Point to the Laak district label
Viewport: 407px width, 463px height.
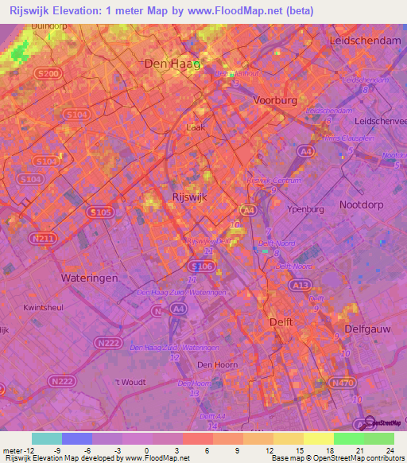(x=195, y=126)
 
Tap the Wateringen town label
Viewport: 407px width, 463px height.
(x=90, y=278)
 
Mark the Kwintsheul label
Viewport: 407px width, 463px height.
(x=44, y=306)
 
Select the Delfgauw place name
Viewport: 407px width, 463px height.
(x=370, y=327)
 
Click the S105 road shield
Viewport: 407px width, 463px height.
(x=99, y=212)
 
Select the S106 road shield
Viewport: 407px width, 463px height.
(x=201, y=266)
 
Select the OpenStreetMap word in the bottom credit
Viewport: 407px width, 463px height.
(x=334, y=458)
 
